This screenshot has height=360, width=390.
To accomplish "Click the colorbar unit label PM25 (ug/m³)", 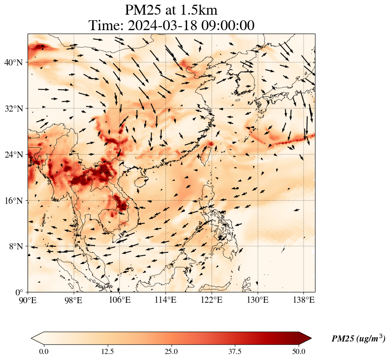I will click(358, 339).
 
